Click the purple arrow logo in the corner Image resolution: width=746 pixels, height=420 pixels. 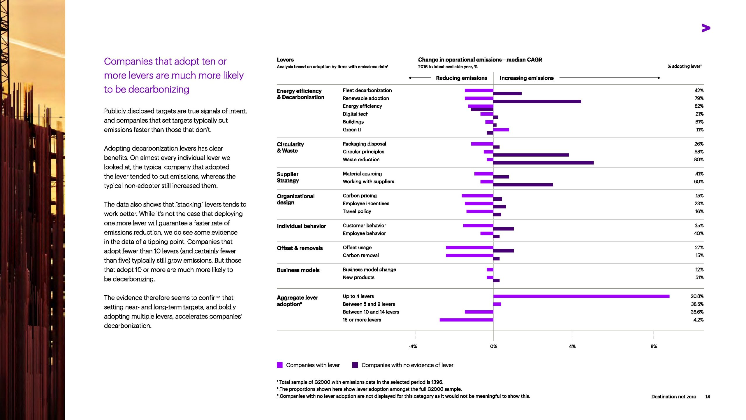[x=706, y=28]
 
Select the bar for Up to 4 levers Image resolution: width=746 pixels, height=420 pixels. [x=581, y=296]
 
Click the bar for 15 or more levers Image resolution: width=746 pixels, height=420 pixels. [x=466, y=320]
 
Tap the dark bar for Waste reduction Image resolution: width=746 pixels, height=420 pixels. [x=543, y=163]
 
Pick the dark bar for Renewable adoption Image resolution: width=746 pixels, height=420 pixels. [x=537, y=101]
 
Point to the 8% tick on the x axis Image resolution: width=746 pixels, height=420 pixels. [x=654, y=346]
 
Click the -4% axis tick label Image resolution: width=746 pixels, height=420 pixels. [x=413, y=346]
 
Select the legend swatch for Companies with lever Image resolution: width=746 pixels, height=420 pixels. [x=280, y=365]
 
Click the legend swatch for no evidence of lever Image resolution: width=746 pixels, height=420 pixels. [x=355, y=365]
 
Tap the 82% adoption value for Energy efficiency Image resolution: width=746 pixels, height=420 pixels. [x=699, y=106]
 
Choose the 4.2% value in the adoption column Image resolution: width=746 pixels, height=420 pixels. [x=698, y=320]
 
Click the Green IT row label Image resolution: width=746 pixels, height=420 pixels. [x=352, y=130]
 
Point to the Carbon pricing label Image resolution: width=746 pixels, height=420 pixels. [x=360, y=196]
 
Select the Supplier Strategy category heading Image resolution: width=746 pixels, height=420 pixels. [x=288, y=177]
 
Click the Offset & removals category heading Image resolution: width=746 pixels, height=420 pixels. [x=300, y=248]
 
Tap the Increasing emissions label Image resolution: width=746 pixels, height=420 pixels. [x=527, y=78]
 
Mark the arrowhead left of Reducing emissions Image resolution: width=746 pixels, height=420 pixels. [x=410, y=78]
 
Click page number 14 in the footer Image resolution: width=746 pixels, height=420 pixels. [x=708, y=397]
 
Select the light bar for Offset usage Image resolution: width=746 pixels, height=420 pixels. [x=469, y=248]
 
